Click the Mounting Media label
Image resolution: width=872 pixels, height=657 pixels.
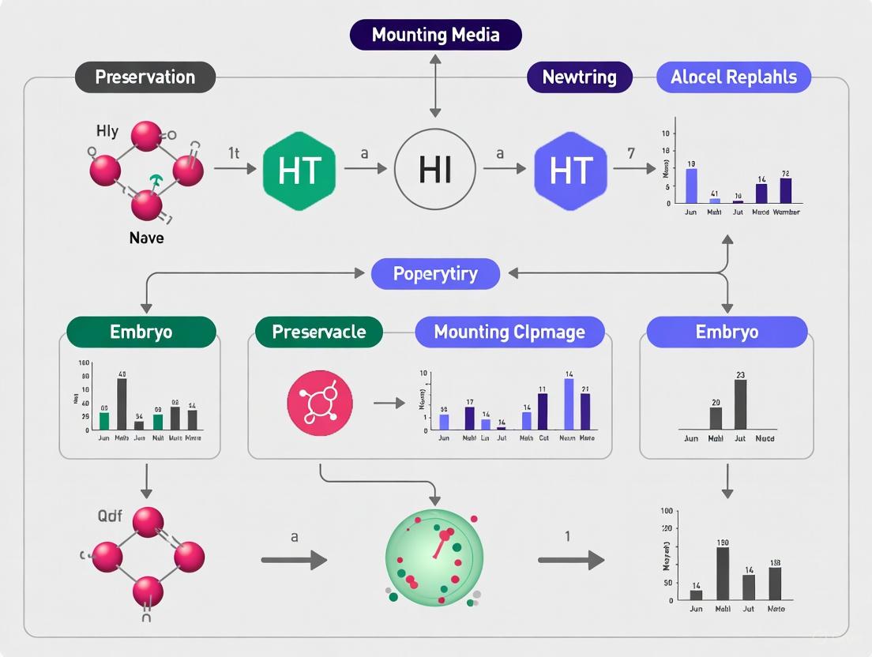pos(436,36)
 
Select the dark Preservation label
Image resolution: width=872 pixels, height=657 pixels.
pos(145,77)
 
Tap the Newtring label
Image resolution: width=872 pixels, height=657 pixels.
pos(580,77)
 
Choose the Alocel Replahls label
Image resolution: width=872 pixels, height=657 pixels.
pos(734,77)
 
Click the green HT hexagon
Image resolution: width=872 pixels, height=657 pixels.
pos(299,171)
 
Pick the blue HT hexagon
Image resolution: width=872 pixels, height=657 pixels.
pos(571,171)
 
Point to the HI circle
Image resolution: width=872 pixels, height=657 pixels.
pos(435,171)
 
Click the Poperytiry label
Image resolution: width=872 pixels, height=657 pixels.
pos(436,274)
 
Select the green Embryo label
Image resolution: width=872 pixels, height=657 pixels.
pos(141,332)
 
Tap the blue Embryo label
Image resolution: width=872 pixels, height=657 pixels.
pos(727,332)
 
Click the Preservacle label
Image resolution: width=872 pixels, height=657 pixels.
pos(318,332)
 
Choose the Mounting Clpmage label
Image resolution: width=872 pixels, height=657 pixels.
pos(509,332)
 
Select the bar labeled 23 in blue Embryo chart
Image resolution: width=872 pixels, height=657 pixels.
pos(741,404)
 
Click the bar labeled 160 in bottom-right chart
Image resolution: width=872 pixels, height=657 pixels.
pos(722,573)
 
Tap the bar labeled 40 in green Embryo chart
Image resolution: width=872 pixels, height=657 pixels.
pos(122,404)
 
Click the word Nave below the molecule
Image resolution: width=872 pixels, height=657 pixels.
pos(146,237)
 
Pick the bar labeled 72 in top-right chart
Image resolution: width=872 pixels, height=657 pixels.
pos(786,190)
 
